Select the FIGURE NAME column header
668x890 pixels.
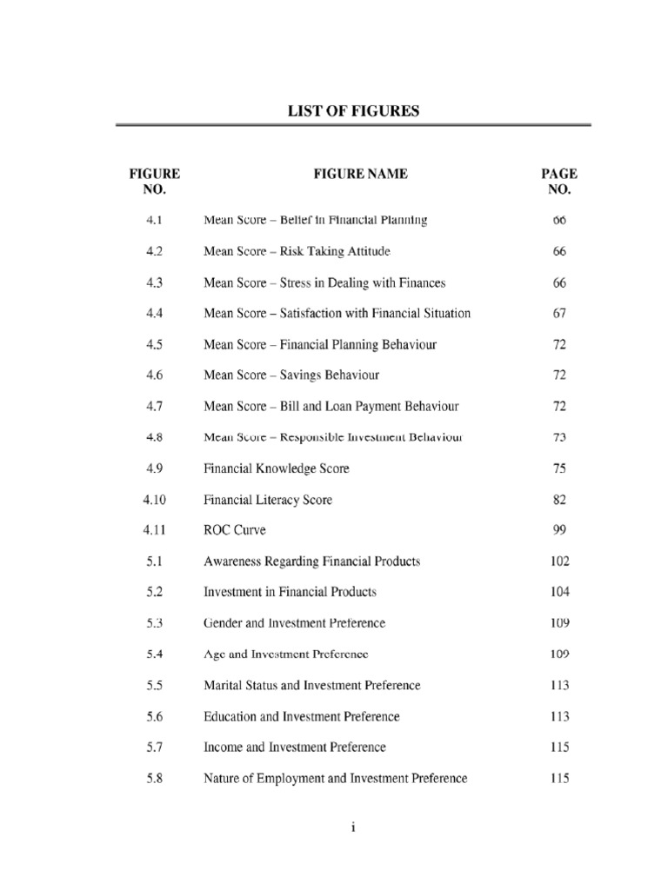[360, 174]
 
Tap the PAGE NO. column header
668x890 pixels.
[559, 181]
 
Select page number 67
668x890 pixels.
[559, 313]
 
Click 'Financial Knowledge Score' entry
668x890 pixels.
[277, 468]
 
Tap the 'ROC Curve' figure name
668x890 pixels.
[235, 529]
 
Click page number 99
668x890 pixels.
[559, 529]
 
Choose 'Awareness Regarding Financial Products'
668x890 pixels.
[311, 561]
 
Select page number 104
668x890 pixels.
[559, 592]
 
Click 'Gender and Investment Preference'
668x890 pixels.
[294, 623]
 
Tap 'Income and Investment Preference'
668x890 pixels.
[295, 747]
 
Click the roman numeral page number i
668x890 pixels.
[353, 828]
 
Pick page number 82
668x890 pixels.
[559, 500]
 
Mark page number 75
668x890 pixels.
[559, 468]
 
